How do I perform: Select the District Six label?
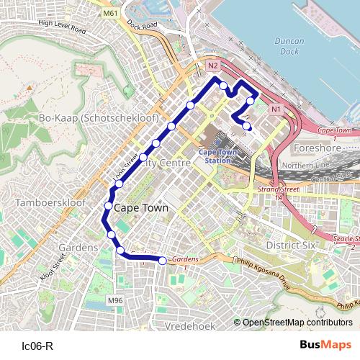290,246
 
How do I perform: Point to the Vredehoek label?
190,326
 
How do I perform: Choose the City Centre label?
166,163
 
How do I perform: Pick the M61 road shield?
109,14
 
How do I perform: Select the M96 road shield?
114,300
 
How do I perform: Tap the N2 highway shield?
212,66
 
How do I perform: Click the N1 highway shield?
276,109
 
